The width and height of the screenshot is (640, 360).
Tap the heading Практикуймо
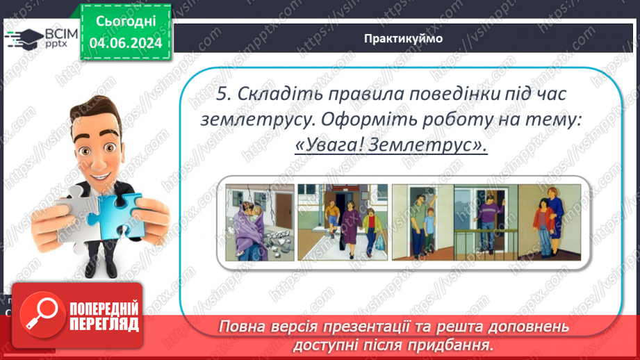point(402,38)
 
